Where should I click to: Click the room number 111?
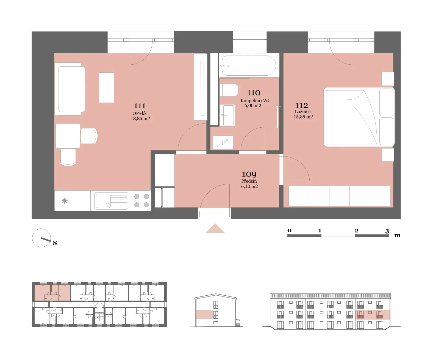(140, 106)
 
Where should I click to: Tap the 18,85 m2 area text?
(140, 119)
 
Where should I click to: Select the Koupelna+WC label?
(256, 100)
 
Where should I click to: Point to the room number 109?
(249, 174)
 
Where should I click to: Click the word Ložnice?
(302, 111)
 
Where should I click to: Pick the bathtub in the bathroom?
(249, 66)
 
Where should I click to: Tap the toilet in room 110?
(229, 90)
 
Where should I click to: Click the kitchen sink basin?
(111, 200)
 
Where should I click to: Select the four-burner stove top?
(141, 200)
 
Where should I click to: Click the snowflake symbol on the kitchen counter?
(65, 201)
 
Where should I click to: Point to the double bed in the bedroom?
(359, 117)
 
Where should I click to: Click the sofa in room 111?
(70, 89)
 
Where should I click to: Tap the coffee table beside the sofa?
(107, 87)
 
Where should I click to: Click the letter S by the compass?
(55, 243)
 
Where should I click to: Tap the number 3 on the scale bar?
(387, 231)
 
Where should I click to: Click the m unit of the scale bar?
(397, 235)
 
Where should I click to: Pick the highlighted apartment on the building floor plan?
(52, 293)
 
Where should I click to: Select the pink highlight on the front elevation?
(373, 315)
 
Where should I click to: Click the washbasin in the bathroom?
(227, 115)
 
